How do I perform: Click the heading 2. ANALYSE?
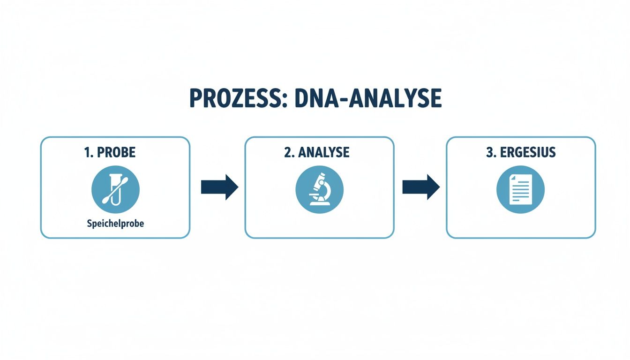tap(316, 153)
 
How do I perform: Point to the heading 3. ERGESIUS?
tap(520, 153)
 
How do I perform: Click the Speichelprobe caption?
tap(115, 224)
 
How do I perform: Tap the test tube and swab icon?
tap(115, 189)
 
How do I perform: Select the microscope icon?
tap(319, 189)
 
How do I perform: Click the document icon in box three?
tap(520, 189)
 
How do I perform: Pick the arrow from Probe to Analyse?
tap(219, 187)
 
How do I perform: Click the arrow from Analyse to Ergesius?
tap(420, 187)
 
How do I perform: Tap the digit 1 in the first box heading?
tap(88, 153)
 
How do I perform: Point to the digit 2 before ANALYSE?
tap(287, 153)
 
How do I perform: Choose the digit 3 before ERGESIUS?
tap(489, 153)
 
